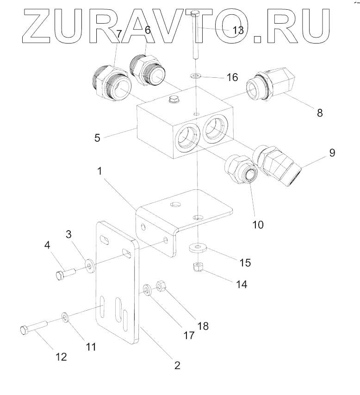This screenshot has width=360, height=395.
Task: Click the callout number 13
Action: [238, 30]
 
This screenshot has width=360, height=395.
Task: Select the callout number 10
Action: [258, 225]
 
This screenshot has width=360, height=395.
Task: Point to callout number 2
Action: [176, 365]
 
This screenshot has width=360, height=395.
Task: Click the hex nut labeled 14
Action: [199, 267]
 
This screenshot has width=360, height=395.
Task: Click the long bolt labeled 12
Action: [32, 330]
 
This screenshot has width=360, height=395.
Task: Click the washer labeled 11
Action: [65, 317]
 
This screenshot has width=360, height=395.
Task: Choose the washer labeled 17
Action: [147, 291]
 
